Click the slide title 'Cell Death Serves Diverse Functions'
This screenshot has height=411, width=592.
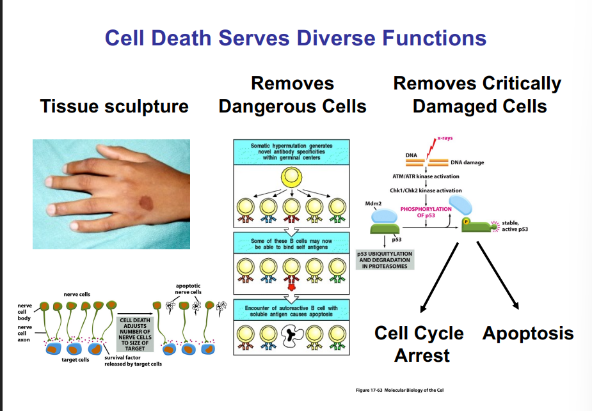tap(296, 38)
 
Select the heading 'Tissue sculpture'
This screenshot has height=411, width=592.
tap(115, 105)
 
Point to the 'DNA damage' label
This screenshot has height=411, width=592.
tap(467, 162)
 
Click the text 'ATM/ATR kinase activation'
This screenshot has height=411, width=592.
tap(426, 176)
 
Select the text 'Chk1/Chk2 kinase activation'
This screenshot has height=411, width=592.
tap(426, 190)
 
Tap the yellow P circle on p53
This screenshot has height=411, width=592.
tap(467, 222)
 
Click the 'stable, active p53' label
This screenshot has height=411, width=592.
tap(515, 225)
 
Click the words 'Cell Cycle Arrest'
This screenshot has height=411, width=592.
tap(419, 343)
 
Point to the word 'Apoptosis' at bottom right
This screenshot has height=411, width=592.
tap(528, 333)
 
